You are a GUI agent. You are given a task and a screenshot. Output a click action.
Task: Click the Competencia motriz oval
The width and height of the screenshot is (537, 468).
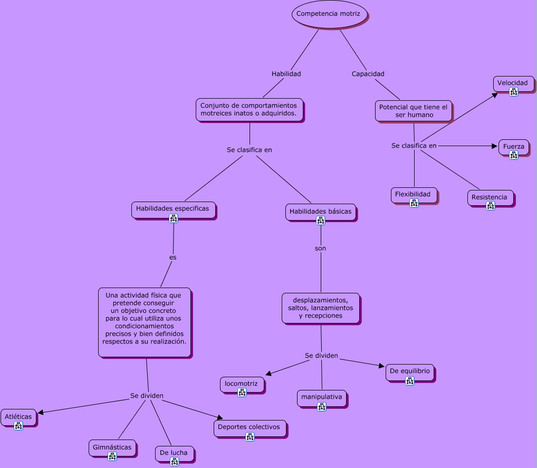(x=329, y=14)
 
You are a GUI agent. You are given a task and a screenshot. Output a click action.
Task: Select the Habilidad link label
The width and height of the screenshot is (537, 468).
(x=286, y=74)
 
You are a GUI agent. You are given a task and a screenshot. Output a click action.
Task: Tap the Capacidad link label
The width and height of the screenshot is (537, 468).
(x=368, y=74)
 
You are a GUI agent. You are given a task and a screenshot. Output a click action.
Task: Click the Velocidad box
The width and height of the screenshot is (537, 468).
(x=513, y=83)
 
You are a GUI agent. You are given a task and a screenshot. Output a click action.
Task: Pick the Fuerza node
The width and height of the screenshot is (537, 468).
(x=513, y=147)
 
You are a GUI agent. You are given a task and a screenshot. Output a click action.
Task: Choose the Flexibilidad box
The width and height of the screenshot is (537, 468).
(x=413, y=194)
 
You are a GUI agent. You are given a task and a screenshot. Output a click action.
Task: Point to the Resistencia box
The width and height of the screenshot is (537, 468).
(x=490, y=197)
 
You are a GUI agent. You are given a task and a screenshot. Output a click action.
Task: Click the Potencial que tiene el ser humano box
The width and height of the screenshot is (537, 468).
(x=414, y=111)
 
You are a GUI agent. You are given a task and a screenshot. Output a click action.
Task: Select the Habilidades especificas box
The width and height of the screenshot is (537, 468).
(x=172, y=208)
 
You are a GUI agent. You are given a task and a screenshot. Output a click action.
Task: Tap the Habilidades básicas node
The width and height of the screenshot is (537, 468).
(x=320, y=212)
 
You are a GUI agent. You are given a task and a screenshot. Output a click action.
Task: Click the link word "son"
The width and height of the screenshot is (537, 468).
(x=321, y=248)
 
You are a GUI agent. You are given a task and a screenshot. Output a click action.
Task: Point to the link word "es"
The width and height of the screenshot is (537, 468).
(x=172, y=257)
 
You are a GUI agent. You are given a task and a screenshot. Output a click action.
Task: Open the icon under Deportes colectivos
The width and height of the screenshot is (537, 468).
(x=250, y=436)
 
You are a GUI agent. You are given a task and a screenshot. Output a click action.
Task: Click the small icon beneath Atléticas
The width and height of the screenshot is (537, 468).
(x=18, y=426)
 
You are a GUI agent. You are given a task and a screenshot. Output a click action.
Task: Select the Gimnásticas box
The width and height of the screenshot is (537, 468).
(x=112, y=447)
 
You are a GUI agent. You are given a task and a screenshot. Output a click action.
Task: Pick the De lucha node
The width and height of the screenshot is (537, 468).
(x=174, y=453)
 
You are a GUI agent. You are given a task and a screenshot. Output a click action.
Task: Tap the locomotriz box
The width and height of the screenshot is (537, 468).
(x=241, y=384)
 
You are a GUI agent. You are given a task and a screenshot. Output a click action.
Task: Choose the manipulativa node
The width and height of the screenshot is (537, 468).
(x=321, y=397)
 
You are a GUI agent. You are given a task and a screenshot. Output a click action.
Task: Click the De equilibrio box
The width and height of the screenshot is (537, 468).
(x=410, y=371)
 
